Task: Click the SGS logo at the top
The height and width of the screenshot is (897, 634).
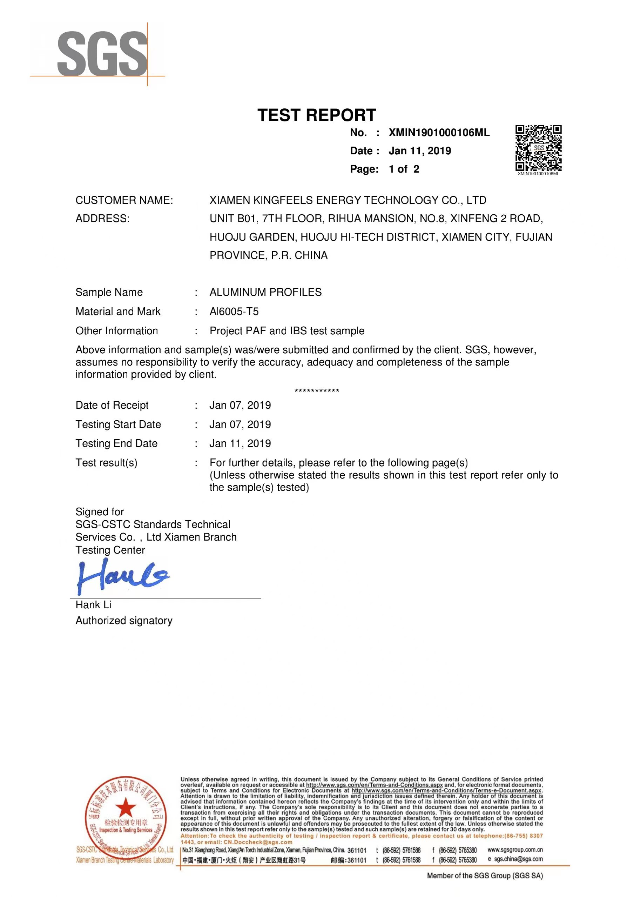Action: coord(102,54)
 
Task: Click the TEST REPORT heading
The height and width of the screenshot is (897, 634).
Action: coord(316,115)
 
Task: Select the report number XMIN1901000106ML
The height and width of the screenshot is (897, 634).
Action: coord(439,133)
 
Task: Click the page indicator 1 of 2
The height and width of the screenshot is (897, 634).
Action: coord(404,169)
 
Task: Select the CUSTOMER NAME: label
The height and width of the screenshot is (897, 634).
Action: coord(124,200)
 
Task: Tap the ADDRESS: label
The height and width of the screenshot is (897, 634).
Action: coord(102,219)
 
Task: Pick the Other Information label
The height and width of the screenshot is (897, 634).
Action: coord(116,331)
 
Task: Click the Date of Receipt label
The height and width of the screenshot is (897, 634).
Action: coord(112,406)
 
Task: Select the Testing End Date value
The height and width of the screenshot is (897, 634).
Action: coord(240,444)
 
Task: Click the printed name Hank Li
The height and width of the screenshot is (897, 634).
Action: coord(93,605)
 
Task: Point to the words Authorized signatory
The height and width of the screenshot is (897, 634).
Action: coord(124,621)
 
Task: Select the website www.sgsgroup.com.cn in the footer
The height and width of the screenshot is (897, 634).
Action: coord(515,850)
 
